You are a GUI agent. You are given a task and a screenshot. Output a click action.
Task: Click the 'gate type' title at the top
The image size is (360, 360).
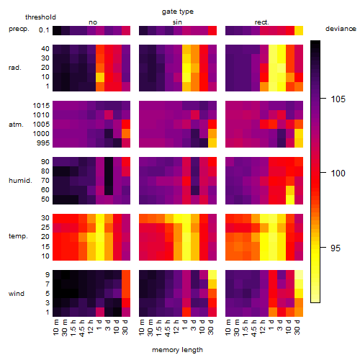pyautogui.click(x=178, y=12)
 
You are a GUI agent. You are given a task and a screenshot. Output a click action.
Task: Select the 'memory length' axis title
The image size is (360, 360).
pyautogui.click(x=177, y=350)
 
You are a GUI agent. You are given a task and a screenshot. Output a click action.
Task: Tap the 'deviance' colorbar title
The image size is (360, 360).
pyautogui.click(x=341, y=29)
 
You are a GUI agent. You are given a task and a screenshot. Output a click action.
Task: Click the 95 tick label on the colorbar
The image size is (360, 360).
pyautogui.click(x=336, y=248)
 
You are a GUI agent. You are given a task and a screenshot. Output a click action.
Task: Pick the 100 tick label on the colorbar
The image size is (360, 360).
pyautogui.click(x=338, y=173)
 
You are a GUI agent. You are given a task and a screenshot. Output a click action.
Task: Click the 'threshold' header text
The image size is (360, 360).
pyautogui.click(x=40, y=17)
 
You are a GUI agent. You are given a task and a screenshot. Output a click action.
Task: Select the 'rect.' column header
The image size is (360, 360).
pyautogui.click(x=262, y=22)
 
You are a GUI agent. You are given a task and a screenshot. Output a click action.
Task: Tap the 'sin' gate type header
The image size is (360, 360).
pyautogui.click(x=177, y=22)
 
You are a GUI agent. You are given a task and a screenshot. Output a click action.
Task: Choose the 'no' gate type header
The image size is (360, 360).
pyautogui.click(x=93, y=22)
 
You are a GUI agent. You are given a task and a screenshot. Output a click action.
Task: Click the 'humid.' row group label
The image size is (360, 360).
pyautogui.click(x=20, y=181)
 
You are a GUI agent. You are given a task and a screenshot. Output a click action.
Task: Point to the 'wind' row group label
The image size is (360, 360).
pyautogui.click(x=17, y=294)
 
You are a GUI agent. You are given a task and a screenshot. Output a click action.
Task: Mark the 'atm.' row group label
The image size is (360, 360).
pyautogui.click(x=16, y=125)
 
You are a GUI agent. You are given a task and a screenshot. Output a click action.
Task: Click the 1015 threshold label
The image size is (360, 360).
pyautogui.click(x=41, y=105)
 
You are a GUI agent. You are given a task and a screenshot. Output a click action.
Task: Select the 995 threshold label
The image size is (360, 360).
pyautogui.click(x=43, y=143)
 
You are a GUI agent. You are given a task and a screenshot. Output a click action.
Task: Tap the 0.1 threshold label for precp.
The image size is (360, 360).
pyautogui.click(x=44, y=30)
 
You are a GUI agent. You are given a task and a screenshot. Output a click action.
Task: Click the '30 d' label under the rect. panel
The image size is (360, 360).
pyautogui.click(x=297, y=327)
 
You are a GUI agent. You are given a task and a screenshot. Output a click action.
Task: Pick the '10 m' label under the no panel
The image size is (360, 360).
pyautogui.click(x=55, y=327)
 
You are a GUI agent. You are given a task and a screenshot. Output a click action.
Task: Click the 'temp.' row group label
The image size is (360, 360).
pyautogui.click(x=18, y=236)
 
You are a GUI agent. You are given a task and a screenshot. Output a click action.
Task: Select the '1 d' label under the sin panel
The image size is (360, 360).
pyautogui.click(x=185, y=325)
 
